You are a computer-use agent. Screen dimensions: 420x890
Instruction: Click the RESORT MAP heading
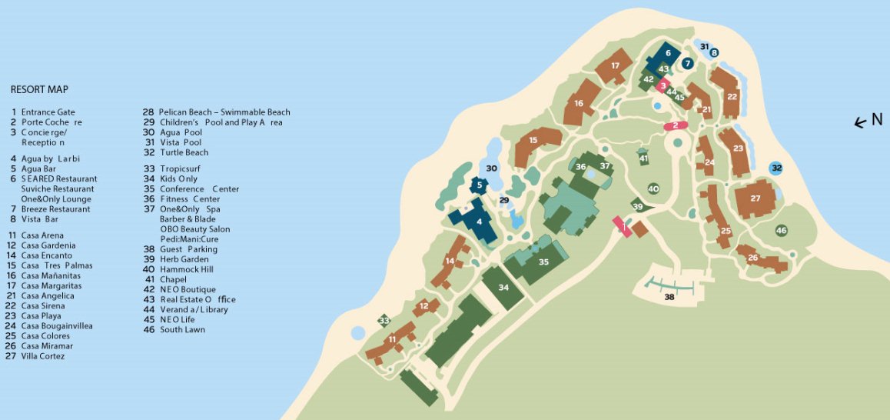[x=39, y=89]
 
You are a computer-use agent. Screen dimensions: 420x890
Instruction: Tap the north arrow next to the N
[x=862, y=122]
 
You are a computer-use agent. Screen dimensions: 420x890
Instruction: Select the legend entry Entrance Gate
[x=48, y=112]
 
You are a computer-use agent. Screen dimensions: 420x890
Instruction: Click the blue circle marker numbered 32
[x=777, y=168]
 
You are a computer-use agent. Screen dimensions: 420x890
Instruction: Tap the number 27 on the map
[x=756, y=198]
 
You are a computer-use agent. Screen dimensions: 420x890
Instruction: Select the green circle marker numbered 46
[x=781, y=231]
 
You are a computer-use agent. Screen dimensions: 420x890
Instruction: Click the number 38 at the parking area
[x=669, y=296]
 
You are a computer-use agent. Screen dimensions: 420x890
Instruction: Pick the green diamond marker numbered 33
[x=384, y=321]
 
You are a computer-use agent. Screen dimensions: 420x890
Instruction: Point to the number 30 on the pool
[x=493, y=168]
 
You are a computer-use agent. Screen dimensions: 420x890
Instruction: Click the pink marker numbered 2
[x=675, y=125]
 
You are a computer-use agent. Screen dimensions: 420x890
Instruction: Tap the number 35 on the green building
[x=543, y=262]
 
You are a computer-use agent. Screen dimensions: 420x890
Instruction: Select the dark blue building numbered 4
[x=480, y=222]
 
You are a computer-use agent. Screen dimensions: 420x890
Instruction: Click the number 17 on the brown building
[x=616, y=65]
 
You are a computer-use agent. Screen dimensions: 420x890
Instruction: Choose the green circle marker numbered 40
[x=653, y=188]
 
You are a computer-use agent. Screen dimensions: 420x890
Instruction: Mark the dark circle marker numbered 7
[x=687, y=64]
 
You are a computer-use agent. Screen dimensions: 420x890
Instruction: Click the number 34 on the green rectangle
[x=503, y=288]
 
